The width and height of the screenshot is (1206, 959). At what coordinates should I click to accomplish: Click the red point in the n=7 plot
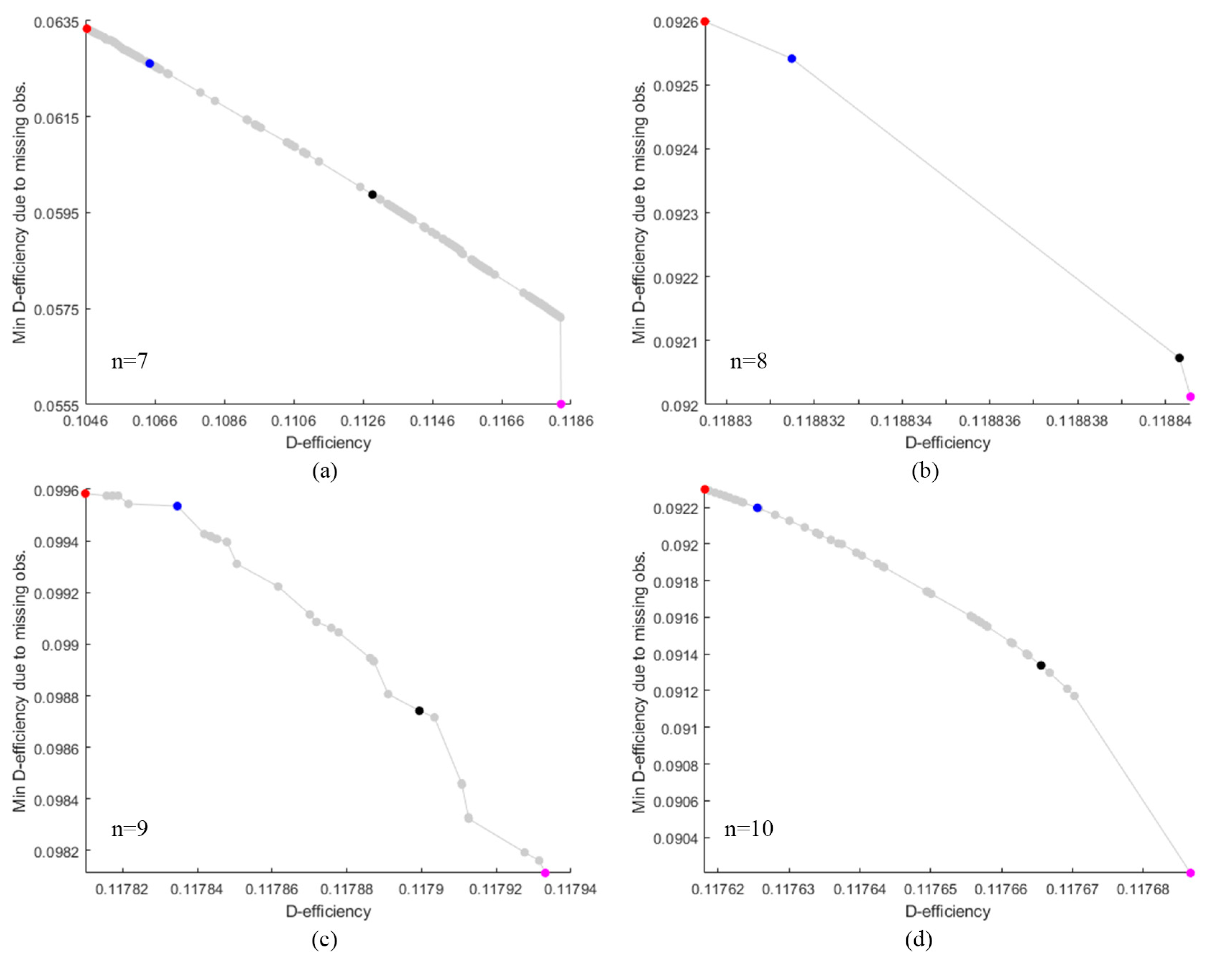(x=87, y=28)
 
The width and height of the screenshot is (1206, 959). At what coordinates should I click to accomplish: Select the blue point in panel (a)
(x=150, y=64)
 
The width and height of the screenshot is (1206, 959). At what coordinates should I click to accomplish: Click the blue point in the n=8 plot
(x=791, y=59)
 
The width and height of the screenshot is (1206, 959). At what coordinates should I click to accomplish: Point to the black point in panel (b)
(x=1179, y=358)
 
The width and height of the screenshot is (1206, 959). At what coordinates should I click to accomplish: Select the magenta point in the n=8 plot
(x=1190, y=397)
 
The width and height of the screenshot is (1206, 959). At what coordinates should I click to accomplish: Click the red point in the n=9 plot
(x=86, y=493)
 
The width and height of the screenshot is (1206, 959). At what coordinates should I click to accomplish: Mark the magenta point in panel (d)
(x=1190, y=873)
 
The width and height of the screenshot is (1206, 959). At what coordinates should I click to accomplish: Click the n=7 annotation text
(x=130, y=361)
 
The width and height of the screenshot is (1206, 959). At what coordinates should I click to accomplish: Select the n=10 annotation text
(x=748, y=828)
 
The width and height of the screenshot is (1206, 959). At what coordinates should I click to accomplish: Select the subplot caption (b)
(x=925, y=471)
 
